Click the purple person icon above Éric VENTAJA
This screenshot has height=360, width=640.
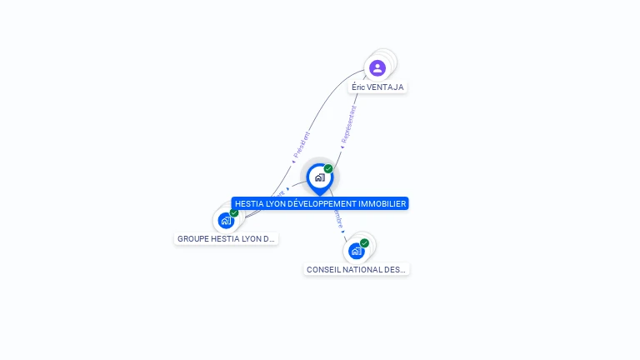377,67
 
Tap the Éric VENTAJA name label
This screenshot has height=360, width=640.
377,87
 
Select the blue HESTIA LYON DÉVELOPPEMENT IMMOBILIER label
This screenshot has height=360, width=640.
320,203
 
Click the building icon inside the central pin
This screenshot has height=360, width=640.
319,177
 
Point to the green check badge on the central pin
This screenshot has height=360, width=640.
328,169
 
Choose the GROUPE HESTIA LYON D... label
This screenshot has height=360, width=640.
226,238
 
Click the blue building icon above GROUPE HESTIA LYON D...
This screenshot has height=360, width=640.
225,221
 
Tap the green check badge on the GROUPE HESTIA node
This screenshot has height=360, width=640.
234,212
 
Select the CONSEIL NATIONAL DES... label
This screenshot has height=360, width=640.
356,269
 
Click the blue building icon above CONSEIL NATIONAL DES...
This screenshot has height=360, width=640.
356,251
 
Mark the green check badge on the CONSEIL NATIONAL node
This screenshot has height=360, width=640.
364,243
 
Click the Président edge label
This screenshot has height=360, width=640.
302,145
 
